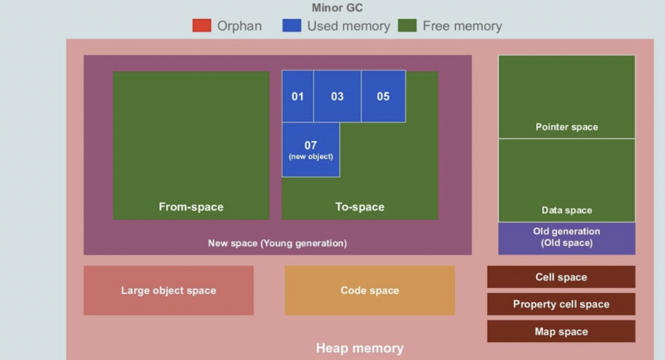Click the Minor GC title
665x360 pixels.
pos(337,8)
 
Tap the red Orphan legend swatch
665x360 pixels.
pos(201,26)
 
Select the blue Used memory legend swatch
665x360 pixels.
pos(291,26)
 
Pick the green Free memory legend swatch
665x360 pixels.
pos(407,26)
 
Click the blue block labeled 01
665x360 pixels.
pos(297,96)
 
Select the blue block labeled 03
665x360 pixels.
pos(337,96)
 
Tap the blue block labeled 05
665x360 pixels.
pos(383,96)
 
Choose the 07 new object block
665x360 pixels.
pos(311,149)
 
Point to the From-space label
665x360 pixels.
pos(191,207)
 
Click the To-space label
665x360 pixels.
pos(360,207)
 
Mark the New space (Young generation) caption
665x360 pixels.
pos(277,243)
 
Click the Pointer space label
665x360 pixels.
pos(567,127)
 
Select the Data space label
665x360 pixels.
pos(567,210)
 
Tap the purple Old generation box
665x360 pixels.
pos(567,238)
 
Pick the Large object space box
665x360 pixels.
pos(168,291)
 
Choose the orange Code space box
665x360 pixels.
pos(370,291)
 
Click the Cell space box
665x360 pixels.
pos(561,277)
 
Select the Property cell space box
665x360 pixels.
pos(561,304)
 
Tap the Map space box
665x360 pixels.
pos(561,332)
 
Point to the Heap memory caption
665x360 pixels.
pos(360,348)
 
